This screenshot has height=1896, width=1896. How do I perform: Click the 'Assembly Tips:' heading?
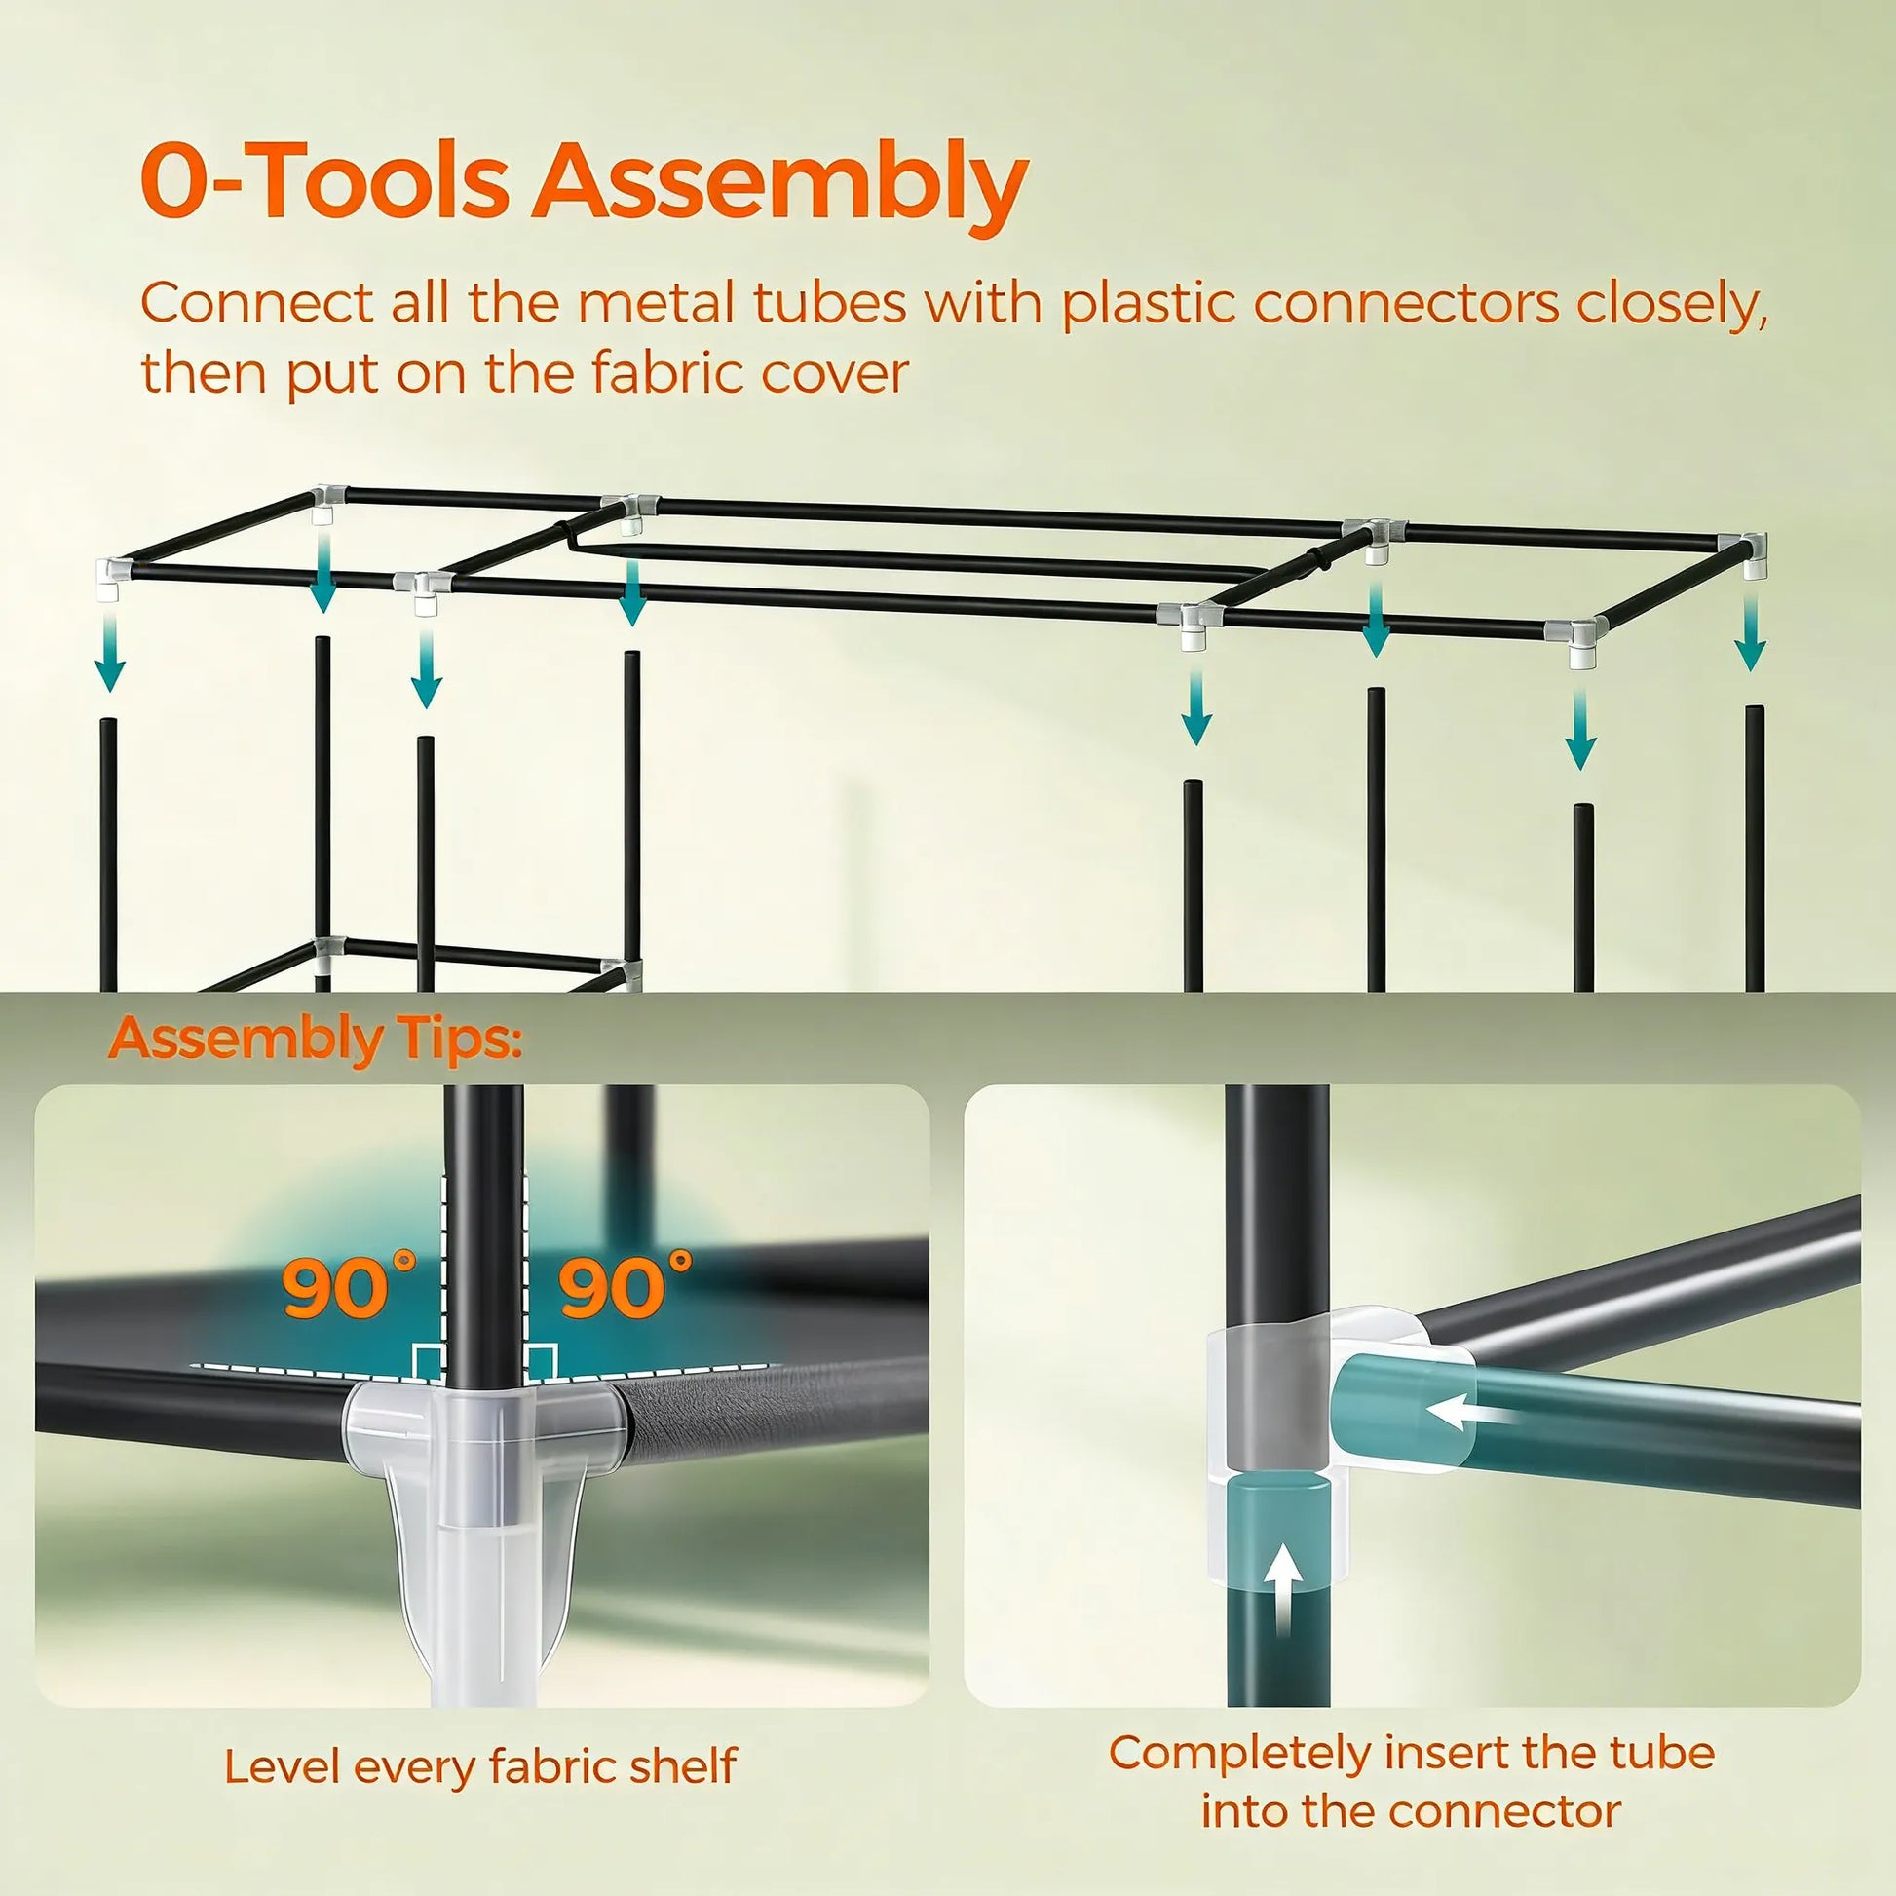click(315, 1039)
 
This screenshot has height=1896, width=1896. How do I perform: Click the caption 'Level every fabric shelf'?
click(480, 1765)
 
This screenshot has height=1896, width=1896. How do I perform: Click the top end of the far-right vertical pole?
click(1754, 709)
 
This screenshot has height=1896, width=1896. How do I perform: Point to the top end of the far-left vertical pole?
click(109, 723)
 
